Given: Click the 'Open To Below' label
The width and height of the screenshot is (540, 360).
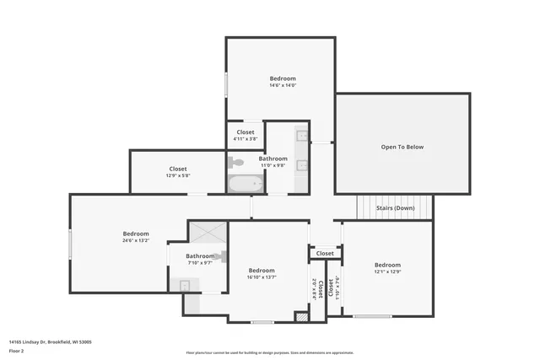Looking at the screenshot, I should click(402, 147).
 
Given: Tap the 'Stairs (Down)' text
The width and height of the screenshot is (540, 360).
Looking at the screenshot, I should click(395, 207).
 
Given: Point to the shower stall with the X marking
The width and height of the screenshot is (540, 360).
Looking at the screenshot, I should click(208, 233).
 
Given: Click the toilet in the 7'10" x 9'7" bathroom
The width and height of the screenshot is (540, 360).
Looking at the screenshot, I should click(220, 255).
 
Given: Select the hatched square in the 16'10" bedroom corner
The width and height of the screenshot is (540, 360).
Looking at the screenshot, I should click(299, 317).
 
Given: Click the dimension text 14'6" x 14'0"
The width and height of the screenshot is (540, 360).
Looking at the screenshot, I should click(283, 85).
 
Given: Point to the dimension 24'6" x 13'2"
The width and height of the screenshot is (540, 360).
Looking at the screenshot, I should click(136, 240).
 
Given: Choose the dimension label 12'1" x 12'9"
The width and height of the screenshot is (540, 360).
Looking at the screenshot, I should click(387, 271).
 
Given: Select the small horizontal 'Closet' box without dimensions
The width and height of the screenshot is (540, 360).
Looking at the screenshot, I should click(325, 253).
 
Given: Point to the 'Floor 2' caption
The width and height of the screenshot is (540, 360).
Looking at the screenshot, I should click(16, 350).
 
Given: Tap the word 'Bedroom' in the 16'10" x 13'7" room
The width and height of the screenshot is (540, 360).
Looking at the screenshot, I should click(262, 270).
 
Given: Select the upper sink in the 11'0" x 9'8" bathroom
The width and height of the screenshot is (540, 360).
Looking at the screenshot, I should click(301, 135).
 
